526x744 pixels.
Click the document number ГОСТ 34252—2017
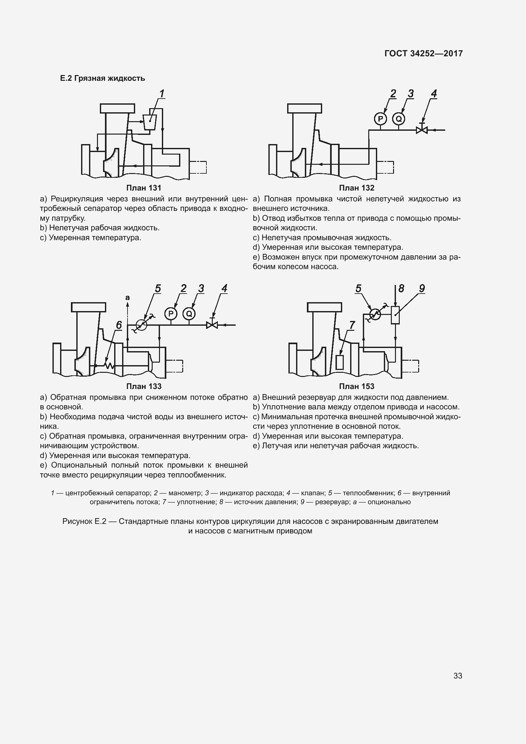tap(423, 53)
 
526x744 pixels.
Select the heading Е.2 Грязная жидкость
tap(102, 79)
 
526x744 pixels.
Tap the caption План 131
tap(143, 188)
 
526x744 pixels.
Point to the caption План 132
tap(356, 188)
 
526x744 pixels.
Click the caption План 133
tap(143, 386)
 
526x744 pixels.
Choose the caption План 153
tap(356, 386)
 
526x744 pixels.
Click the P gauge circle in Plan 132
tap(381, 119)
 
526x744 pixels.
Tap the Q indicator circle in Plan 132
tap(399, 119)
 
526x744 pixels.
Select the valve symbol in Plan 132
tap(422, 130)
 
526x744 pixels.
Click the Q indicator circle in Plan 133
tap(189, 313)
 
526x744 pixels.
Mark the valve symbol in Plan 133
tap(212, 325)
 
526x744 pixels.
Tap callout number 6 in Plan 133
tap(119, 325)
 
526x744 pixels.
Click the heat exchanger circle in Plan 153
tap(375, 314)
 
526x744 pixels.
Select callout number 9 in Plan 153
tap(422, 288)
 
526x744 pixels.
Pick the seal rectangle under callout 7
tap(339, 362)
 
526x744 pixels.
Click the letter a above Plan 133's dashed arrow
tap(127, 297)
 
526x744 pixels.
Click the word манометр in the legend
tap(185, 493)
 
